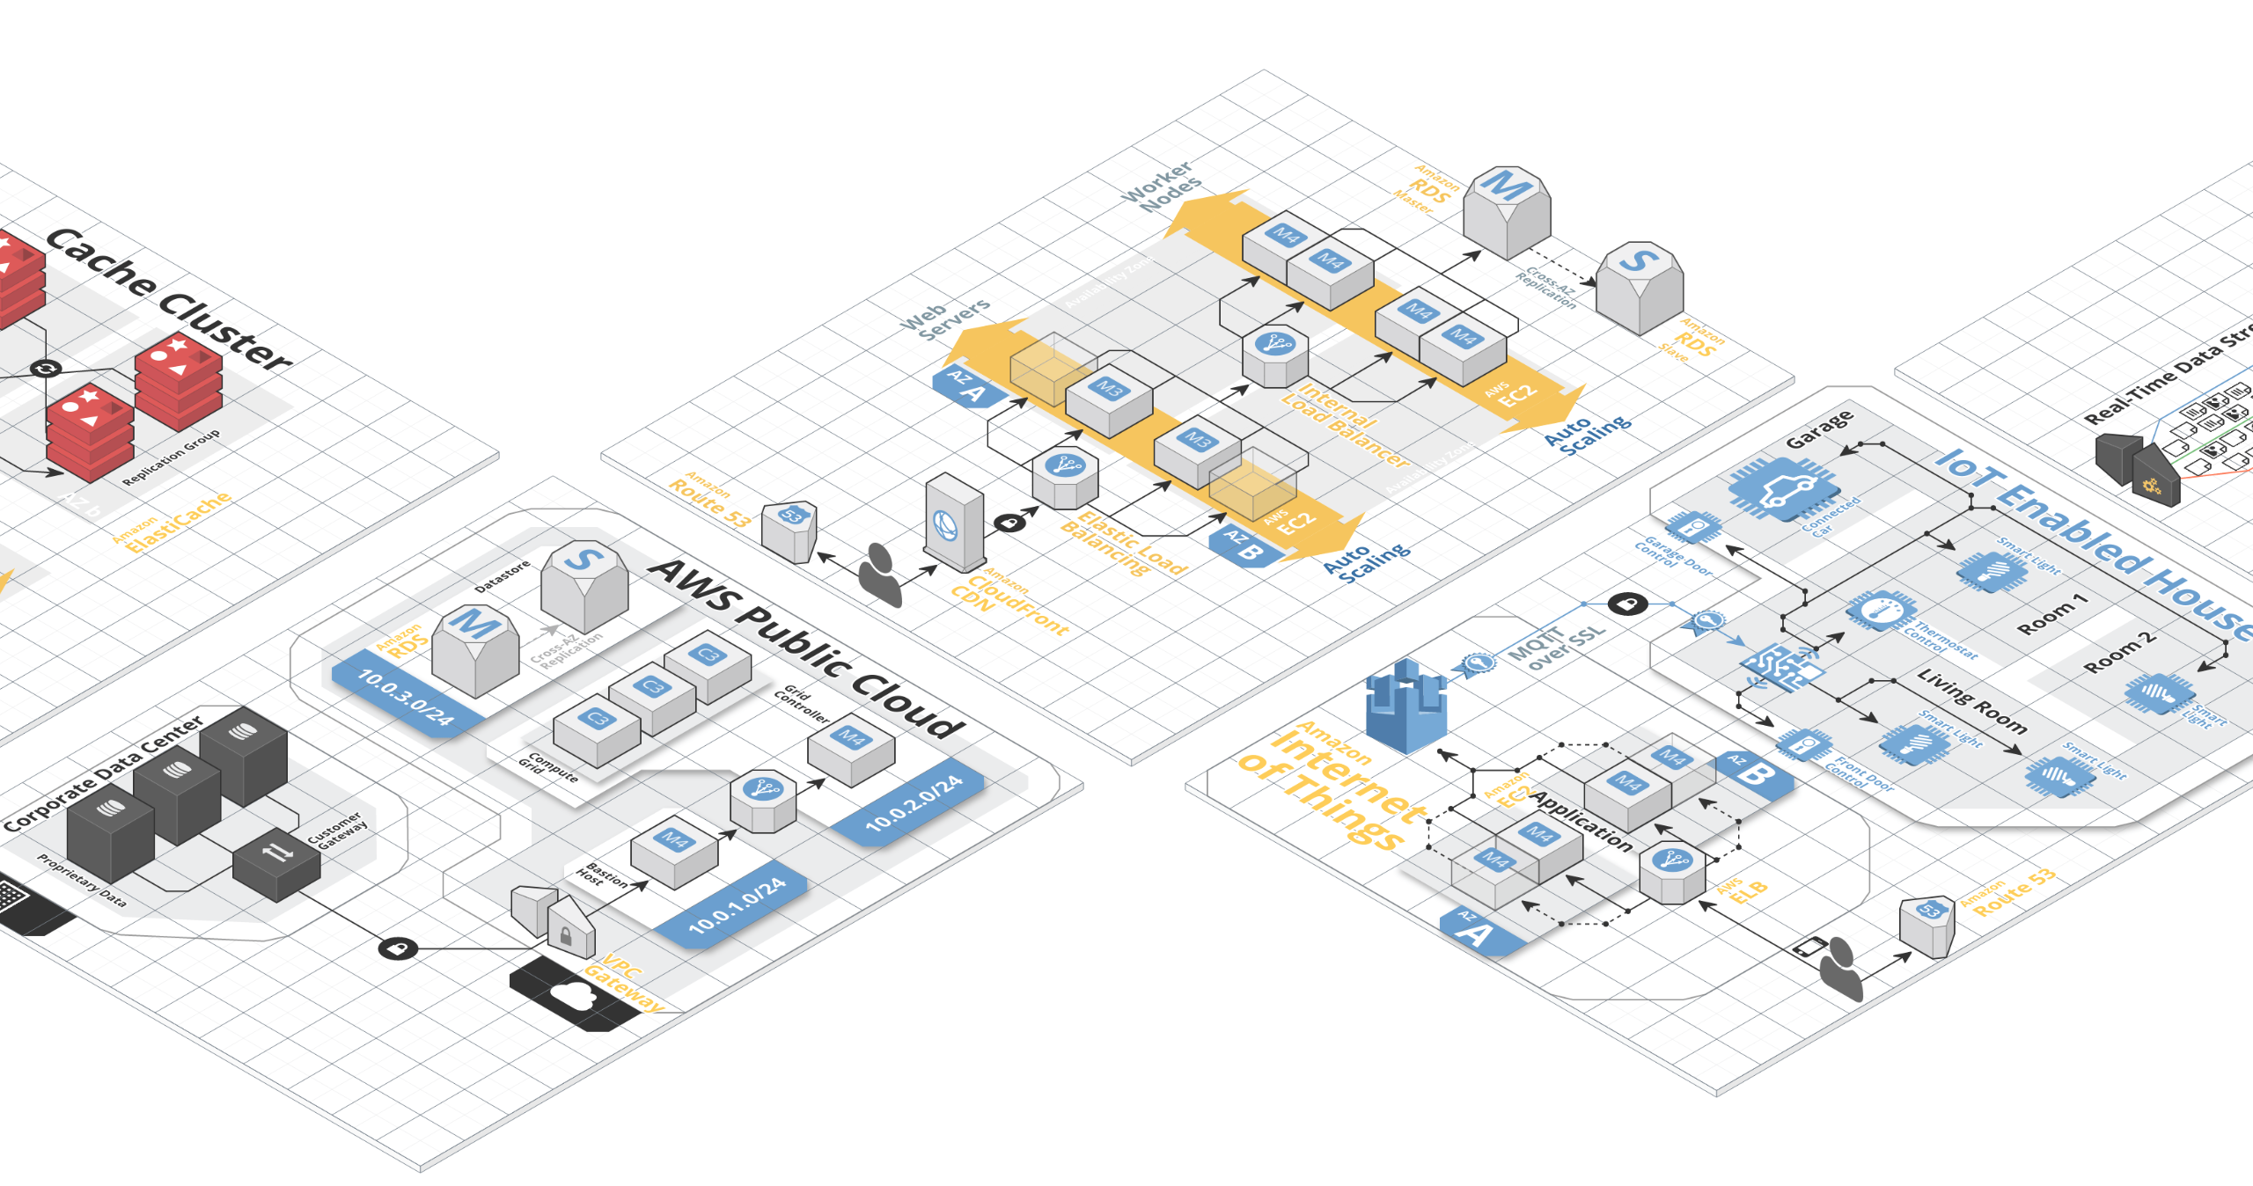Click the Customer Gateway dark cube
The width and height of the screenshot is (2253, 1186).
(x=276, y=863)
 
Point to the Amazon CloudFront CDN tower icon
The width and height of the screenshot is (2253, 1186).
(x=953, y=524)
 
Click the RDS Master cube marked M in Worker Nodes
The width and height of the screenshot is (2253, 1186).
(x=1507, y=212)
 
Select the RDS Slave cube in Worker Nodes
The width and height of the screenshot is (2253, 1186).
(x=1639, y=287)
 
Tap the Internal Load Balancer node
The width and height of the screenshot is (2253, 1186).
(x=1275, y=355)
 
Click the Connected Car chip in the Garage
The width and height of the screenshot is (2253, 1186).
(x=1783, y=488)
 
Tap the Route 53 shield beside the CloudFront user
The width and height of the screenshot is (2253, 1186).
(x=789, y=531)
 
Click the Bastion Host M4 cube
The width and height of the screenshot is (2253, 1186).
(x=675, y=851)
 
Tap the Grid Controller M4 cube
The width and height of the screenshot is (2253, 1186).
(x=851, y=748)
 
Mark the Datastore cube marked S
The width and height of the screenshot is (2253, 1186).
(x=584, y=584)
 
